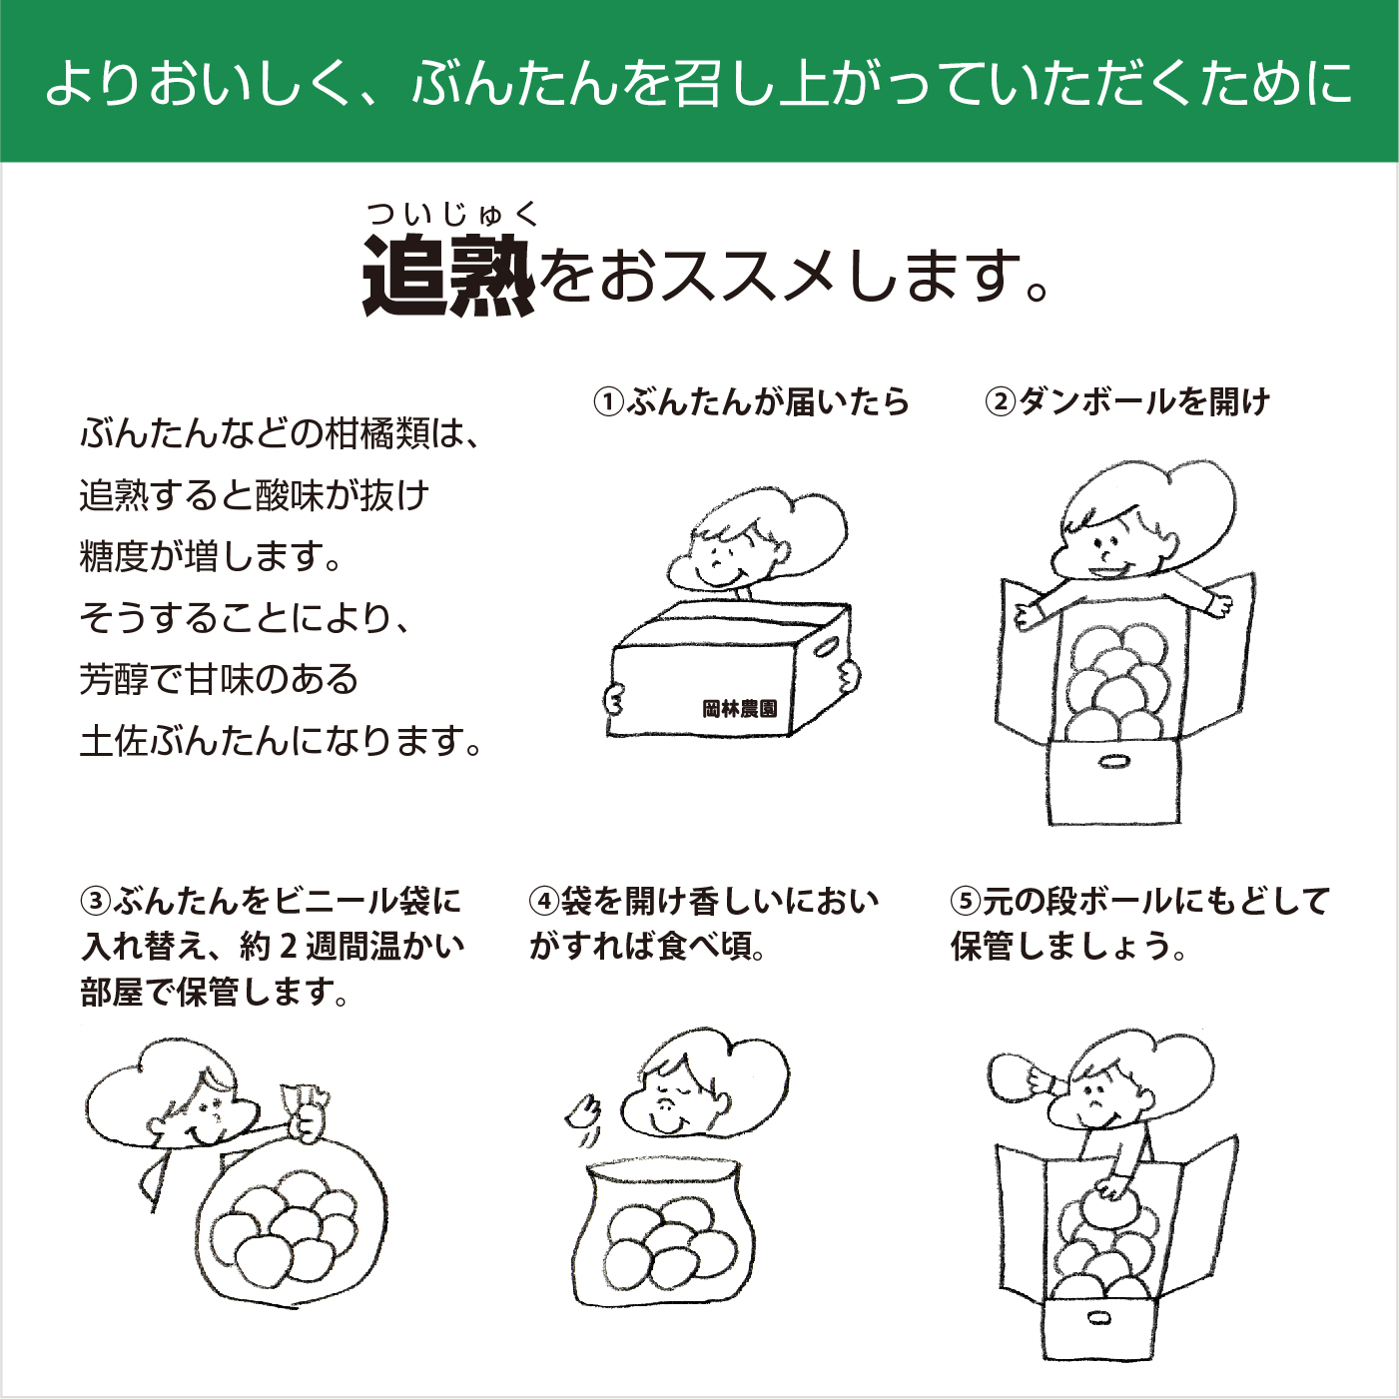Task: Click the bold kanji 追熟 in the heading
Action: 448,276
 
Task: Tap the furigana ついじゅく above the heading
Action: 452,214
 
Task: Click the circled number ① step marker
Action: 608,402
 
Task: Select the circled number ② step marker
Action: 1000,402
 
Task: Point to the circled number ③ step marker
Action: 96,902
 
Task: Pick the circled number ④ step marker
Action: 543,902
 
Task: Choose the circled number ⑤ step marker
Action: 966,902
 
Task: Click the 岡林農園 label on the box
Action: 739,709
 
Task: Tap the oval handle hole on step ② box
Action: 1113,763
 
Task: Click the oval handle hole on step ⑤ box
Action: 1098,1318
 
